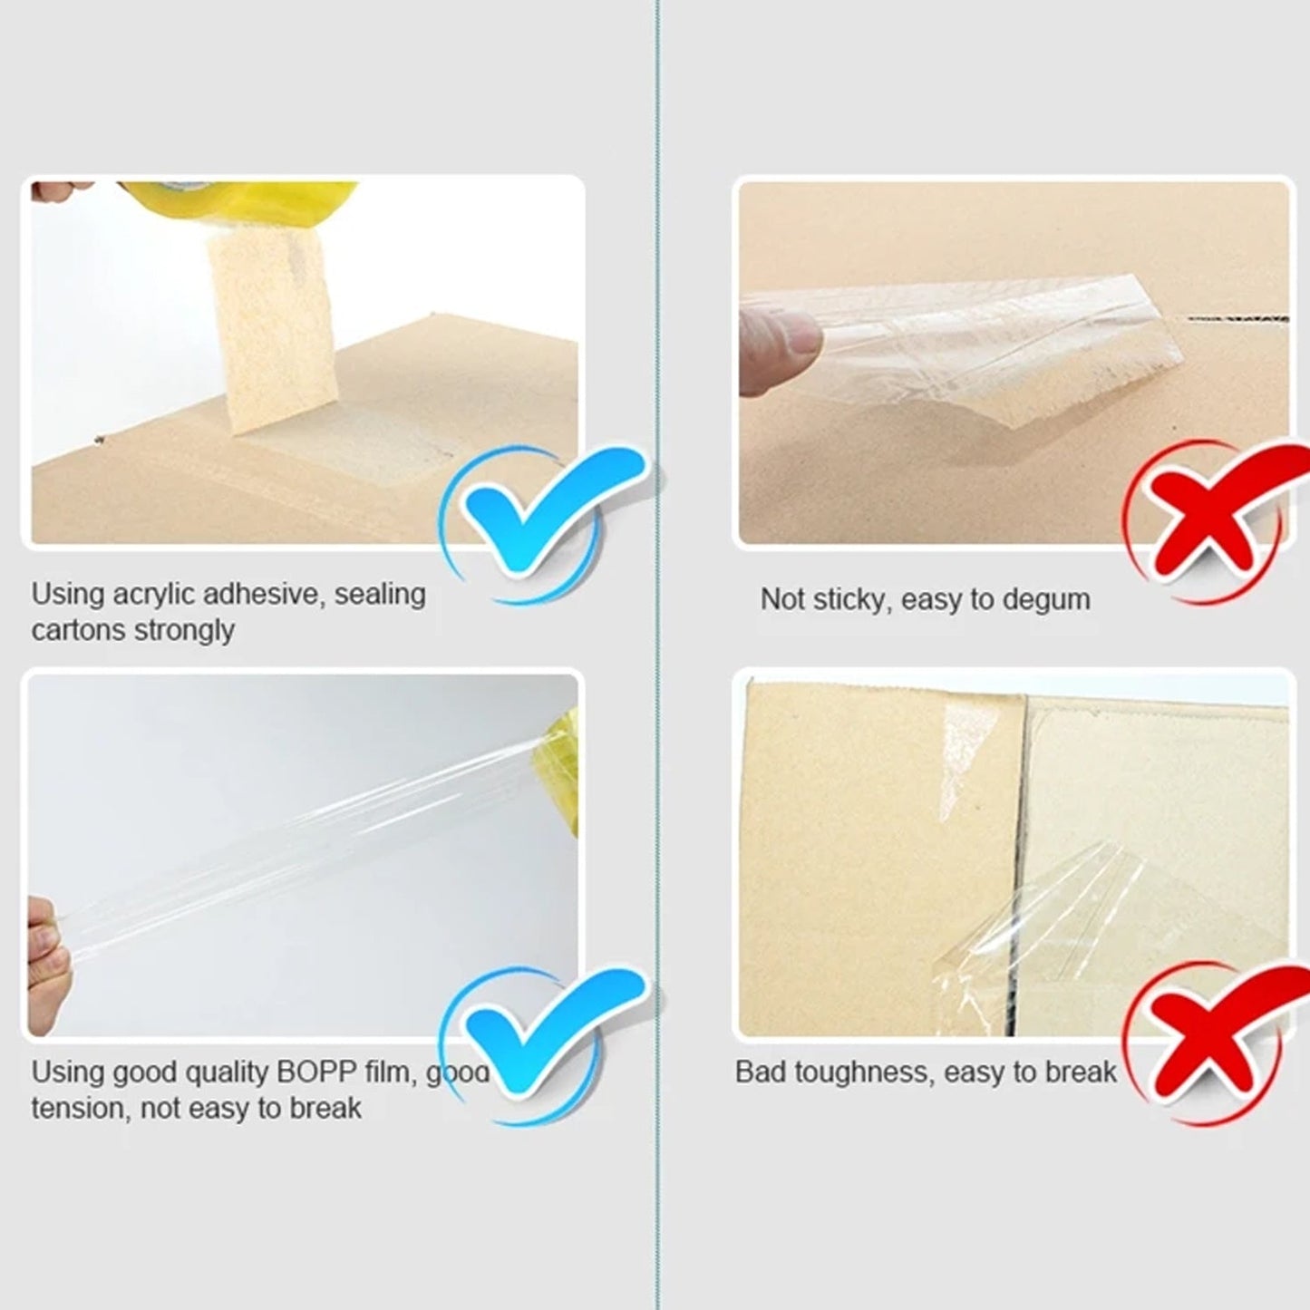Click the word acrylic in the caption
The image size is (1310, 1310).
click(x=153, y=595)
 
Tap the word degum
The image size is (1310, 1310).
click(x=1047, y=599)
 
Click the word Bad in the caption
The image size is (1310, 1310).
click(x=761, y=1072)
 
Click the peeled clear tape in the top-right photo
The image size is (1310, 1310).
click(x=979, y=344)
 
